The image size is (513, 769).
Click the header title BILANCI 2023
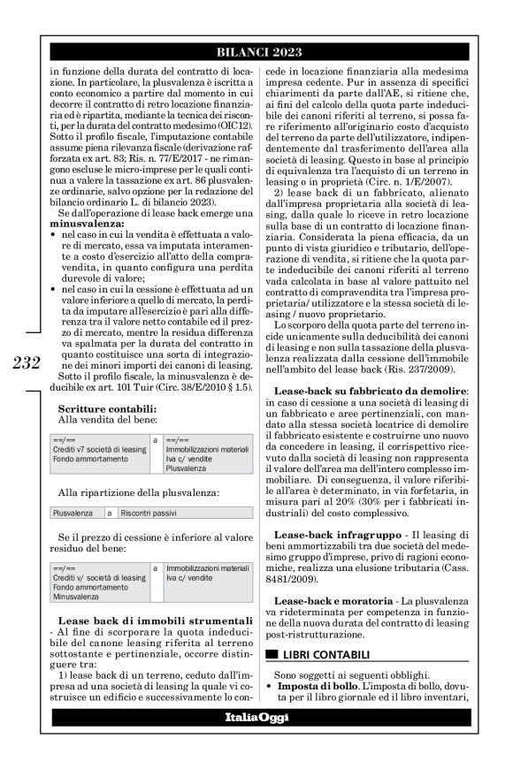coord(256,52)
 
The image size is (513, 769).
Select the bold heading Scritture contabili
coord(107,409)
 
